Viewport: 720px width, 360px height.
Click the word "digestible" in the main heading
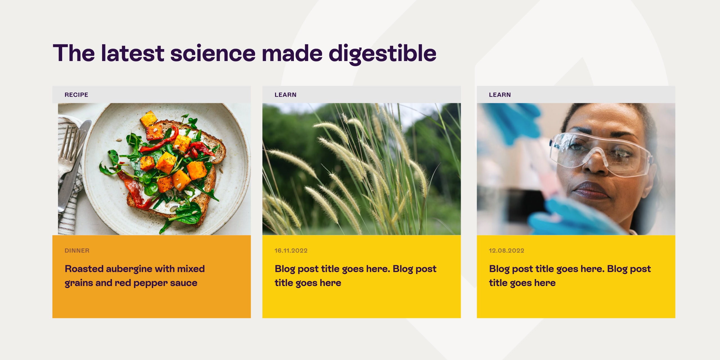tap(382, 53)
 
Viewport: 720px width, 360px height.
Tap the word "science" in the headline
tap(213, 53)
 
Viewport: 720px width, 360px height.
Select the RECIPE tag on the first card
tap(76, 95)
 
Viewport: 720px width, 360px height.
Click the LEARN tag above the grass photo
tap(285, 95)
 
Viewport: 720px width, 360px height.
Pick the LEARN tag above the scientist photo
tap(500, 95)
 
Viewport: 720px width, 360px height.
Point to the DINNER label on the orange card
tap(77, 251)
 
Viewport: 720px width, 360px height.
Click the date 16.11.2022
tap(291, 251)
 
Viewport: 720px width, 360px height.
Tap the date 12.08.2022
tap(506, 251)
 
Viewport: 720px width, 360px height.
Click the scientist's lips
tap(591, 190)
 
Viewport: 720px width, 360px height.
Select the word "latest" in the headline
tap(132, 53)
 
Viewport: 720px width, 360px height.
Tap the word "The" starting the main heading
tap(74, 53)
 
